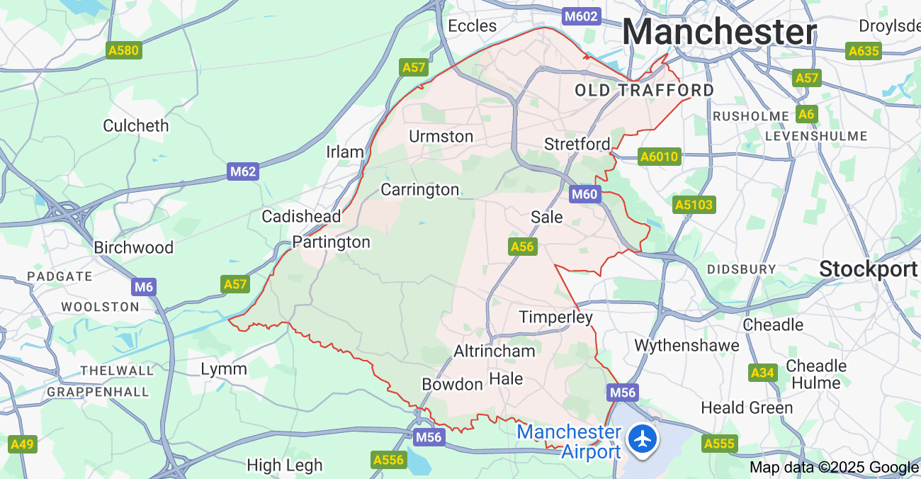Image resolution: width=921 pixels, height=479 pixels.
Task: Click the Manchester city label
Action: point(719,33)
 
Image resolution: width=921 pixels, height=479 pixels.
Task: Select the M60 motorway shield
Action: point(585,194)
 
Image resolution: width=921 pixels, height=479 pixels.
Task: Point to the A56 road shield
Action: point(522,247)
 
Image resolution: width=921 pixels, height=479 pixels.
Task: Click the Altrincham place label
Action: point(495,351)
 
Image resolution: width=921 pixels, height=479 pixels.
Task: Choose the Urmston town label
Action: point(441,136)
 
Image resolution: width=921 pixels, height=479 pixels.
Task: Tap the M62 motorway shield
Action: point(243,171)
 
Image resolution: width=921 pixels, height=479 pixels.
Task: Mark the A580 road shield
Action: point(124,50)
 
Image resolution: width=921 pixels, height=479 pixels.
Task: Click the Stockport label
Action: point(869,269)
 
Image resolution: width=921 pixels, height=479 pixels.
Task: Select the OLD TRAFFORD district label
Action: point(644,90)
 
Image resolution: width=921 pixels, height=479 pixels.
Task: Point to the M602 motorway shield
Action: point(582,16)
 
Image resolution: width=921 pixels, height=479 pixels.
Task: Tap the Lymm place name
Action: point(224,368)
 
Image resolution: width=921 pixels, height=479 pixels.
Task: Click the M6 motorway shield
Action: point(144,287)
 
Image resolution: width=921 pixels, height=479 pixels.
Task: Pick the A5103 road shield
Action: point(694,205)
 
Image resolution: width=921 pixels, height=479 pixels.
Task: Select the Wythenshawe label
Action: point(686,346)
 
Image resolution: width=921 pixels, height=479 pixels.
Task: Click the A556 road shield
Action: point(389,460)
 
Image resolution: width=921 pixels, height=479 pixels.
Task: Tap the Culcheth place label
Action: point(136,125)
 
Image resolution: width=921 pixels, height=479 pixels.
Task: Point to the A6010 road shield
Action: point(660,157)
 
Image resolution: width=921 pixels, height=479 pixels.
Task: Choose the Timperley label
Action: point(555,317)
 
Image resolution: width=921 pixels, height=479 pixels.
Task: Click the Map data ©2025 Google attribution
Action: point(834,467)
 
